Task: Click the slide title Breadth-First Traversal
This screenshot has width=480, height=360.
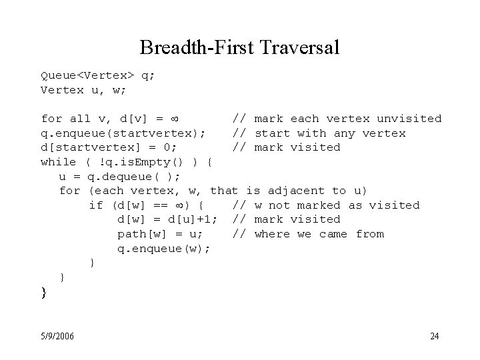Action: tap(240, 48)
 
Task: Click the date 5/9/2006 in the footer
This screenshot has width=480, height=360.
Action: tap(57, 335)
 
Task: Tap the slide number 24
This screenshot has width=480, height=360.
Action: tap(434, 335)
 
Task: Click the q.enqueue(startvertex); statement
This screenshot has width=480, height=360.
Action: tap(123, 133)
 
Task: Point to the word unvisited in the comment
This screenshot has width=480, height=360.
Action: tap(409, 119)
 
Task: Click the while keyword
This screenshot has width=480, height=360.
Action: tap(59, 162)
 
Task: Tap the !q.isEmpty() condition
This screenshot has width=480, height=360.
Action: tap(149, 162)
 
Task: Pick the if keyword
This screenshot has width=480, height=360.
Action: tap(95, 205)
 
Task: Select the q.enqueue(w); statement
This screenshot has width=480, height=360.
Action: tap(163, 249)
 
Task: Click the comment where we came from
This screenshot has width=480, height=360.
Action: tap(319, 234)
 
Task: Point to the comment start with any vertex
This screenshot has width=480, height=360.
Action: tap(330, 133)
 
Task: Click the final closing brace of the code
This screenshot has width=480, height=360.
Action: tap(44, 291)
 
